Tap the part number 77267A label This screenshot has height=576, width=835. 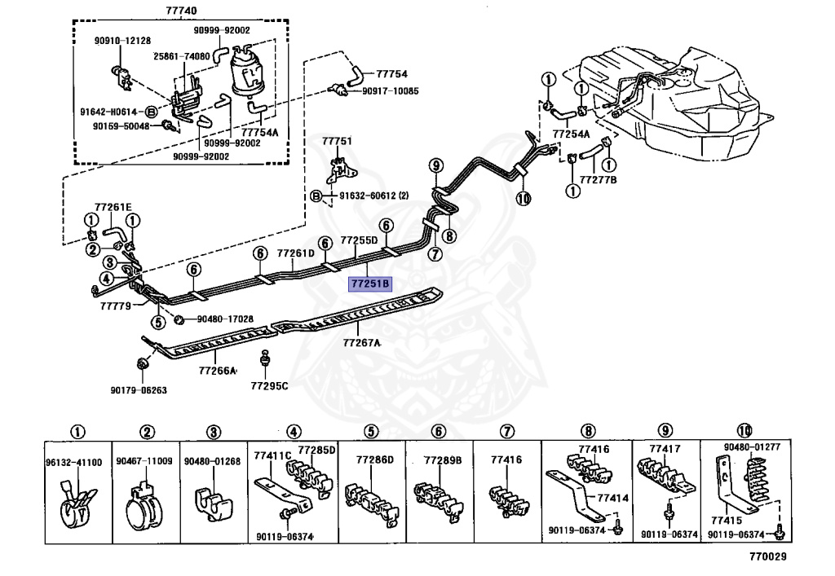click(x=362, y=343)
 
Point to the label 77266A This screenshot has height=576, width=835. click(x=217, y=371)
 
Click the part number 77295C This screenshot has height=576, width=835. click(x=270, y=385)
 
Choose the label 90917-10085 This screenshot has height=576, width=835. click(x=391, y=90)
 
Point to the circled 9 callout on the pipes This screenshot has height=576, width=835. click(x=436, y=165)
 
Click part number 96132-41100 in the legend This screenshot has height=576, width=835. click(x=74, y=462)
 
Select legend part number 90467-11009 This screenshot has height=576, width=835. click(x=144, y=461)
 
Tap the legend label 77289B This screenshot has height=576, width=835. click(x=443, y=460)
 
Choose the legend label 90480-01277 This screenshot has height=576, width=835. click(x=752, y=446)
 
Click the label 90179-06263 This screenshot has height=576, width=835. click(x=139, y=390)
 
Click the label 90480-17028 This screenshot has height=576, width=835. click(x=225, y=319)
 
